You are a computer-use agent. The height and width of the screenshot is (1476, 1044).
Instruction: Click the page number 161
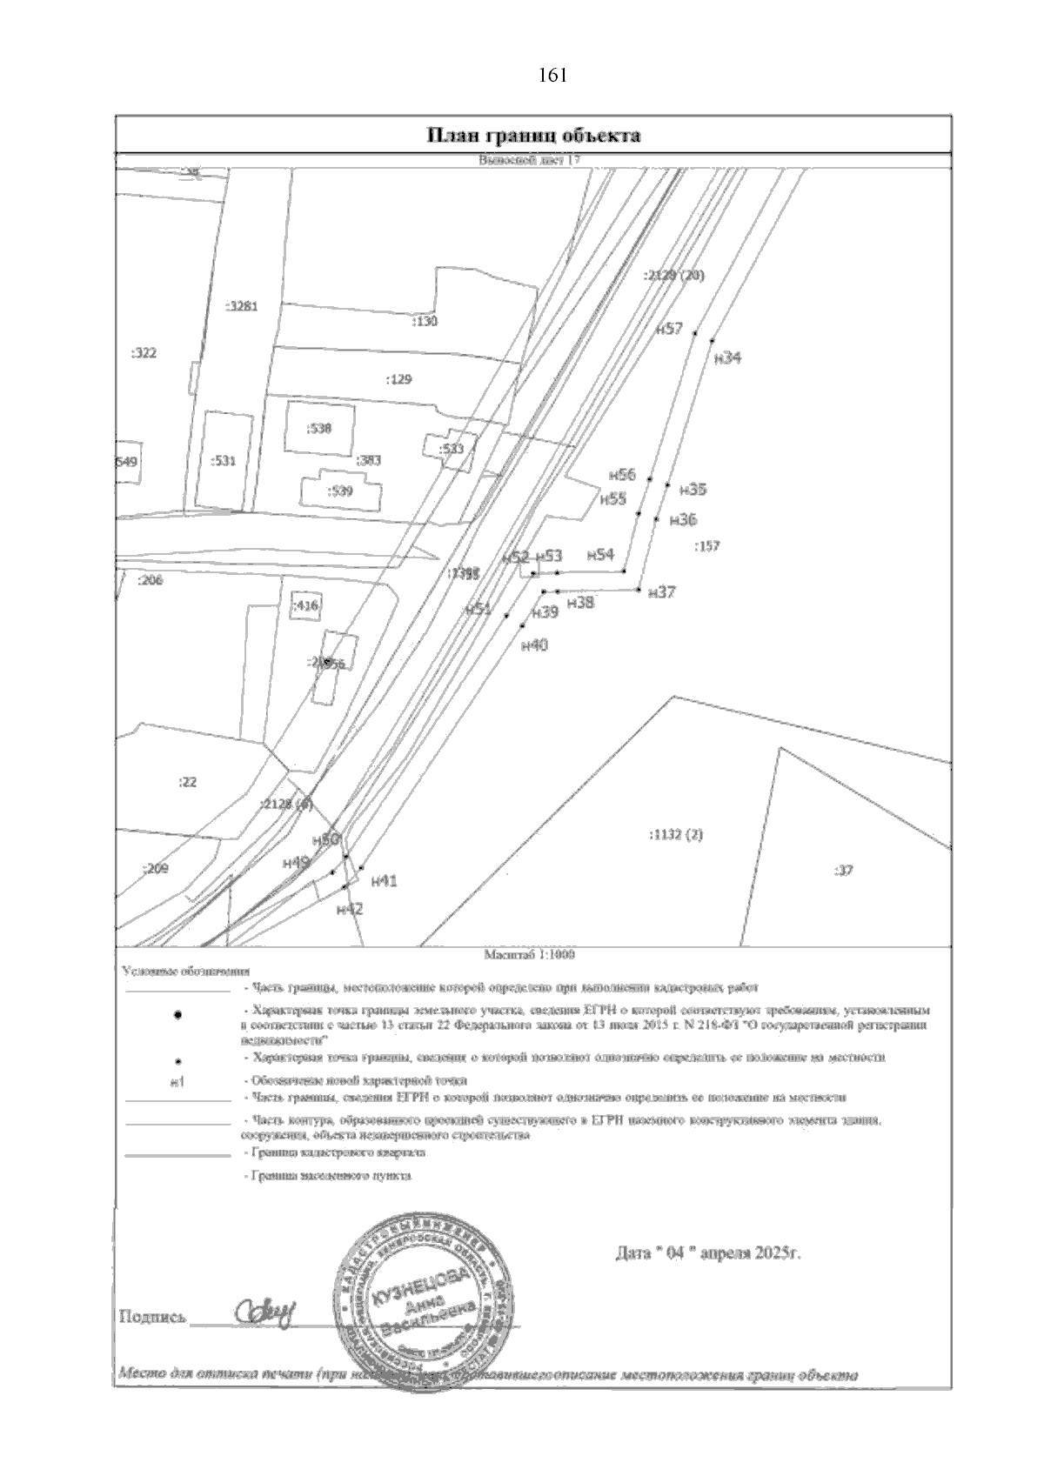point(552,76)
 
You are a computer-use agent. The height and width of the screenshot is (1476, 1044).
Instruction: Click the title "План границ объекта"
point(533,135)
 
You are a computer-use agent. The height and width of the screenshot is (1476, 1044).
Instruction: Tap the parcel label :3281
point(241,306)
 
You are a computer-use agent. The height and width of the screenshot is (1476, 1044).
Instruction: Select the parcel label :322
point(144,353)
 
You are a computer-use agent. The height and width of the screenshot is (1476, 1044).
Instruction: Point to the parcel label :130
point(424,322)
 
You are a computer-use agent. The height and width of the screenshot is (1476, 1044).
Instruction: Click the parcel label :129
point(398,379)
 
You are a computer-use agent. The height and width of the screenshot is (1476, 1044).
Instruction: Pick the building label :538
point(319,428)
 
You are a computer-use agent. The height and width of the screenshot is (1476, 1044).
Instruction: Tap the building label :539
point(340,491)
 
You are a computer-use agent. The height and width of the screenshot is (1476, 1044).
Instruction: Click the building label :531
point(224,461)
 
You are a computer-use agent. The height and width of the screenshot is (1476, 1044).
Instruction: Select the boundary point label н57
point(670,329)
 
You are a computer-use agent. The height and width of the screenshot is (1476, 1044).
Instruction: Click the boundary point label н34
point(726,357)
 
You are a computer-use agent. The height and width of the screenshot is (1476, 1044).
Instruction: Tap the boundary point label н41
point(384,881)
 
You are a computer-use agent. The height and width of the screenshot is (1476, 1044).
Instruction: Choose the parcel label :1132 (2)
point(676,835)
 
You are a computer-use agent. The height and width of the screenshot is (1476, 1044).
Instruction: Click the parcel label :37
point(842,870)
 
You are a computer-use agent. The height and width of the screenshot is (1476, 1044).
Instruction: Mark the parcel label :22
point(187,782)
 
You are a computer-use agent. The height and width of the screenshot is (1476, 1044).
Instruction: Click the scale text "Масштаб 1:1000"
point(530,954)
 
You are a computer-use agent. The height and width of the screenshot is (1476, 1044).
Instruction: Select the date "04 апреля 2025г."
point(707,1254)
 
